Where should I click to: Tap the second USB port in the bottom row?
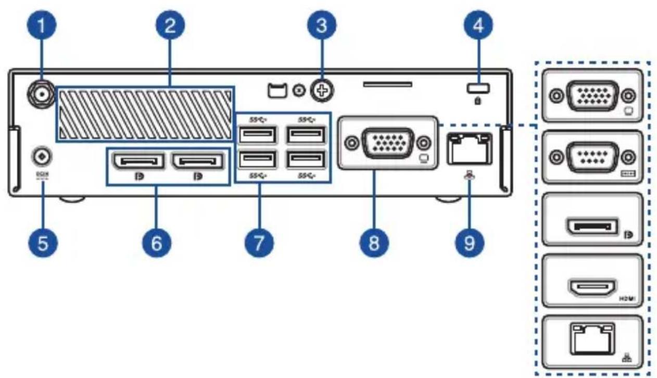[305, 159]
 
